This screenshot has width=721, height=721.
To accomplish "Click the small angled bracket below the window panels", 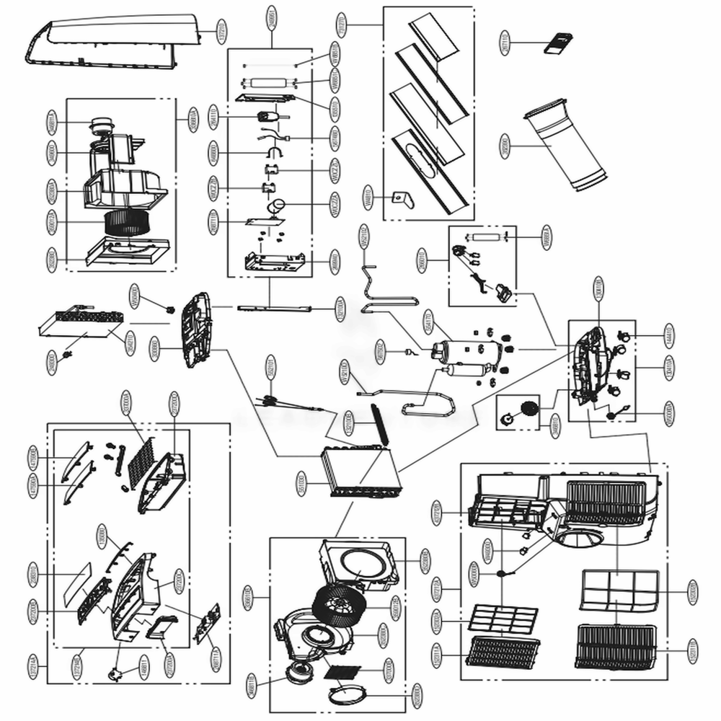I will [x=399, y=198].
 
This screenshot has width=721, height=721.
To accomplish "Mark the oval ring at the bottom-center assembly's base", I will [x=348, y=696].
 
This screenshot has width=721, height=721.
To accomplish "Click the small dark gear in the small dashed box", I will [x=529, y=408].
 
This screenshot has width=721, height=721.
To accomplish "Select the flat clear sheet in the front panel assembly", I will [x=76, y=581].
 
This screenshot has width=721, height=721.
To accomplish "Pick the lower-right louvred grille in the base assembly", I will [x=616, y=645].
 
